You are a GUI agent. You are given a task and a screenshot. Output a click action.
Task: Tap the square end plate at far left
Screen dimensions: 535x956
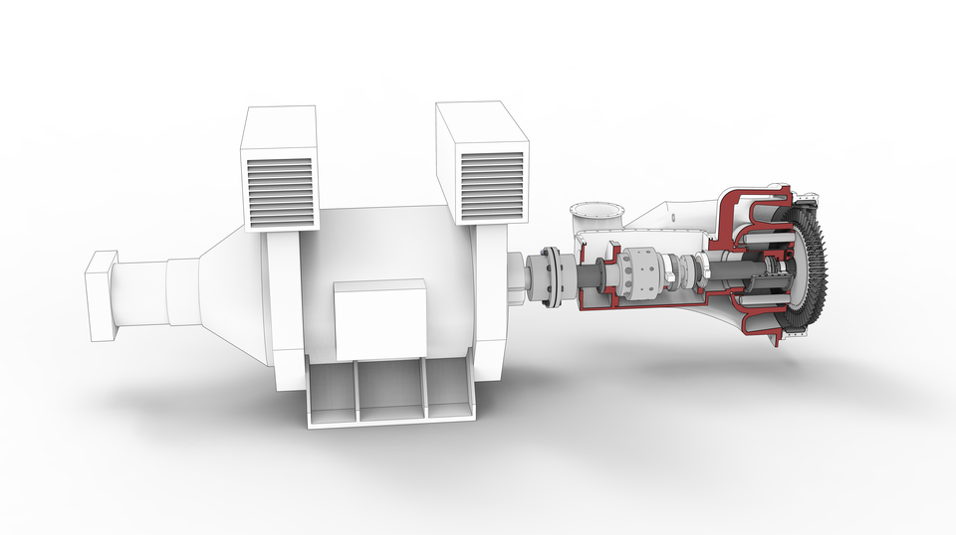(100, 295)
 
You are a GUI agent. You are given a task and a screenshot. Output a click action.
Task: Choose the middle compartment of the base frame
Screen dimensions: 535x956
(390, 390)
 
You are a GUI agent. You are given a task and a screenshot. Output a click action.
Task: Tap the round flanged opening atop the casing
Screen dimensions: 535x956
(596, 211)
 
